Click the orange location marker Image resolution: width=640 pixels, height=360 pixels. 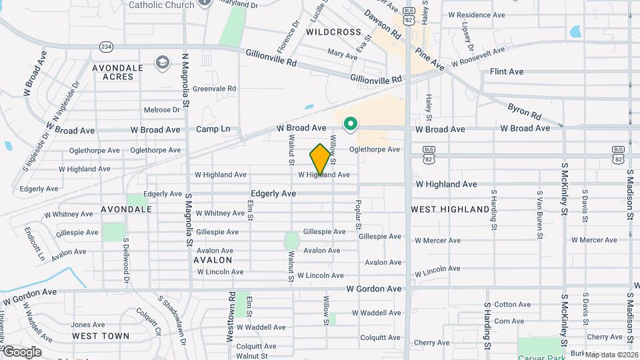click(x=321, y=159)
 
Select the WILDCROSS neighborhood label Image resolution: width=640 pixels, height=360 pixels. click(x=333, y=32)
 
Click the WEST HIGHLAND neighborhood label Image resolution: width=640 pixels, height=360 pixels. click(x=450, y=209)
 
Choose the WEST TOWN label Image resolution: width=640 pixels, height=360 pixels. click(x=101, y=335)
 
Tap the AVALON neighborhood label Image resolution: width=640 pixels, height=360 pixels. click(x=213, y=259)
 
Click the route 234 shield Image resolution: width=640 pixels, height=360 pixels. click(x=105, y=47)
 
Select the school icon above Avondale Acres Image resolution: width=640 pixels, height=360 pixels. click(x=161, y=63)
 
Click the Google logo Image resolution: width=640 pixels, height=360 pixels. click(x=21, y=351)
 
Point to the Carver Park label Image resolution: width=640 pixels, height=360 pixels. click(x=541, y=347)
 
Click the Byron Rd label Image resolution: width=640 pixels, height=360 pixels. click(x=523, y=111)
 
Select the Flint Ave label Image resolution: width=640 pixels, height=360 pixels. click(x=507, y=71)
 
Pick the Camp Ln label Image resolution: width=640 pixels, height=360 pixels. click(x=213, y=129)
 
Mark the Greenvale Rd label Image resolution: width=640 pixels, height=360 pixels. click(x=214, y=88)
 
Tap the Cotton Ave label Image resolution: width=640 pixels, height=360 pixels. click(x=512, y=305)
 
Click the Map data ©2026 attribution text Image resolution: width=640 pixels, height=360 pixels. click(x=611, y=355)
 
